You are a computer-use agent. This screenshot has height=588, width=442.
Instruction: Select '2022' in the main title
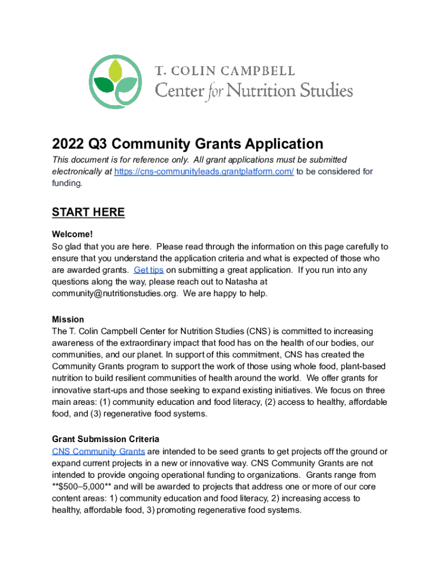69,144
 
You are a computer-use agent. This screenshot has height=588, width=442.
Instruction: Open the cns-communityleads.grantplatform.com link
204,172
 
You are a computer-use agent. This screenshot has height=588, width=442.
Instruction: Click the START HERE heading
88,212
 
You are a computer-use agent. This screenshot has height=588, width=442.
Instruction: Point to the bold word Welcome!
72,234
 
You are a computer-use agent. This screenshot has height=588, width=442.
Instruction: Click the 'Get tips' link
149,270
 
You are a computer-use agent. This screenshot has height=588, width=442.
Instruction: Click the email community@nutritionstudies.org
115,293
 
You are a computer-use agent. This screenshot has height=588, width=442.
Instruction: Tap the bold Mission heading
68,319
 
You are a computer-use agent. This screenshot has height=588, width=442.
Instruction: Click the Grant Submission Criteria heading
106,439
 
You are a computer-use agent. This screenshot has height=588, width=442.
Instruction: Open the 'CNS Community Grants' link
98,451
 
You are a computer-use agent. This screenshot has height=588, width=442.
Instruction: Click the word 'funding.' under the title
67,183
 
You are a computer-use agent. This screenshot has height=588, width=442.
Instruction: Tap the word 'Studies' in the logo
324,90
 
